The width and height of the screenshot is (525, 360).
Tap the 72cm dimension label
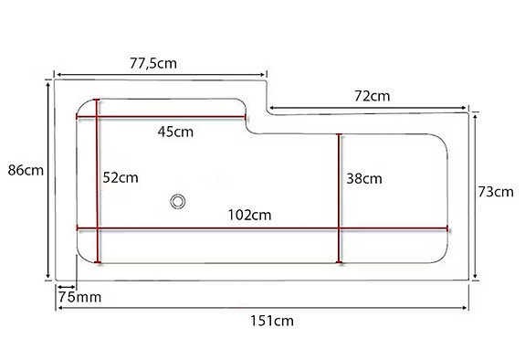coord(373,95)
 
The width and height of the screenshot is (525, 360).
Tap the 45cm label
coord(175,131)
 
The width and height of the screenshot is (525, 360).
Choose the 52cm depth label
coord(121,177)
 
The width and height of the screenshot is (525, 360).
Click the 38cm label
coord(364,179)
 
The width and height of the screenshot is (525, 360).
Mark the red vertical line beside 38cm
coord(339,196)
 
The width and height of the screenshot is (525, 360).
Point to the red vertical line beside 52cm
coord(98,183)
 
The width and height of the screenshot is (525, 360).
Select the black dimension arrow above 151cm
coord(264,308)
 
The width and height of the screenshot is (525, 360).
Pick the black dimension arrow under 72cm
coord(370,109)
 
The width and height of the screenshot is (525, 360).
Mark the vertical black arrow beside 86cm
coord(47,183)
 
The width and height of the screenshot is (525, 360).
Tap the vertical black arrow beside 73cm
coord(476,194)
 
